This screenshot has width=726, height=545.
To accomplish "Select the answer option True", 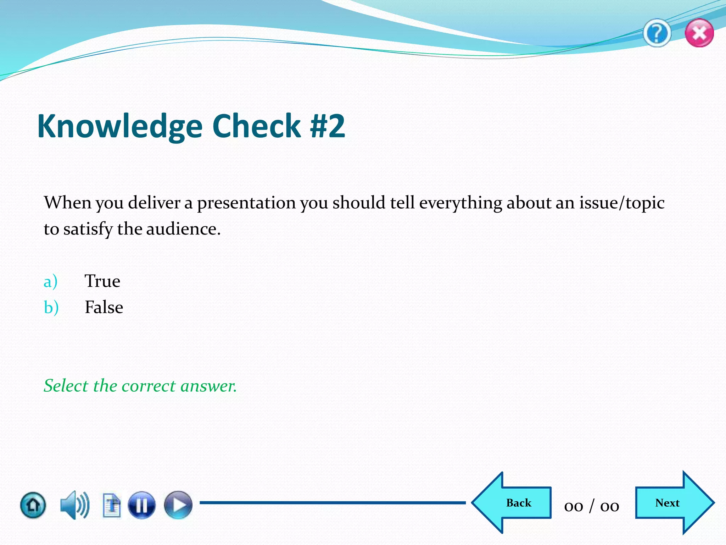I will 102,281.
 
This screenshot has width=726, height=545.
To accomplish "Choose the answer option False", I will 104,307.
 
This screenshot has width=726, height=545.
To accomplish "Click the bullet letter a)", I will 50,282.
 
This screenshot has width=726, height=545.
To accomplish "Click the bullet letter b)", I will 51,307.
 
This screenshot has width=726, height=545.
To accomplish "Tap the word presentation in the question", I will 246,203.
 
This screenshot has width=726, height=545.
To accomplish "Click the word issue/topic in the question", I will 622,203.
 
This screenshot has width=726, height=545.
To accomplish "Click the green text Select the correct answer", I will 140,386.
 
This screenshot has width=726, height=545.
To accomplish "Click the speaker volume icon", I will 74,505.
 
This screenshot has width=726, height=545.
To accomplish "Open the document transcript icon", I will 112,505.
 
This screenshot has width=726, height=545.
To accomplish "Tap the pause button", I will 141,505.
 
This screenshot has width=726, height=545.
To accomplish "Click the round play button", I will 178,505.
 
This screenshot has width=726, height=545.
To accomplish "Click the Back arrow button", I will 514,503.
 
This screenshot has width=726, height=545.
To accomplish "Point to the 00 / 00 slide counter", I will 591,506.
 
